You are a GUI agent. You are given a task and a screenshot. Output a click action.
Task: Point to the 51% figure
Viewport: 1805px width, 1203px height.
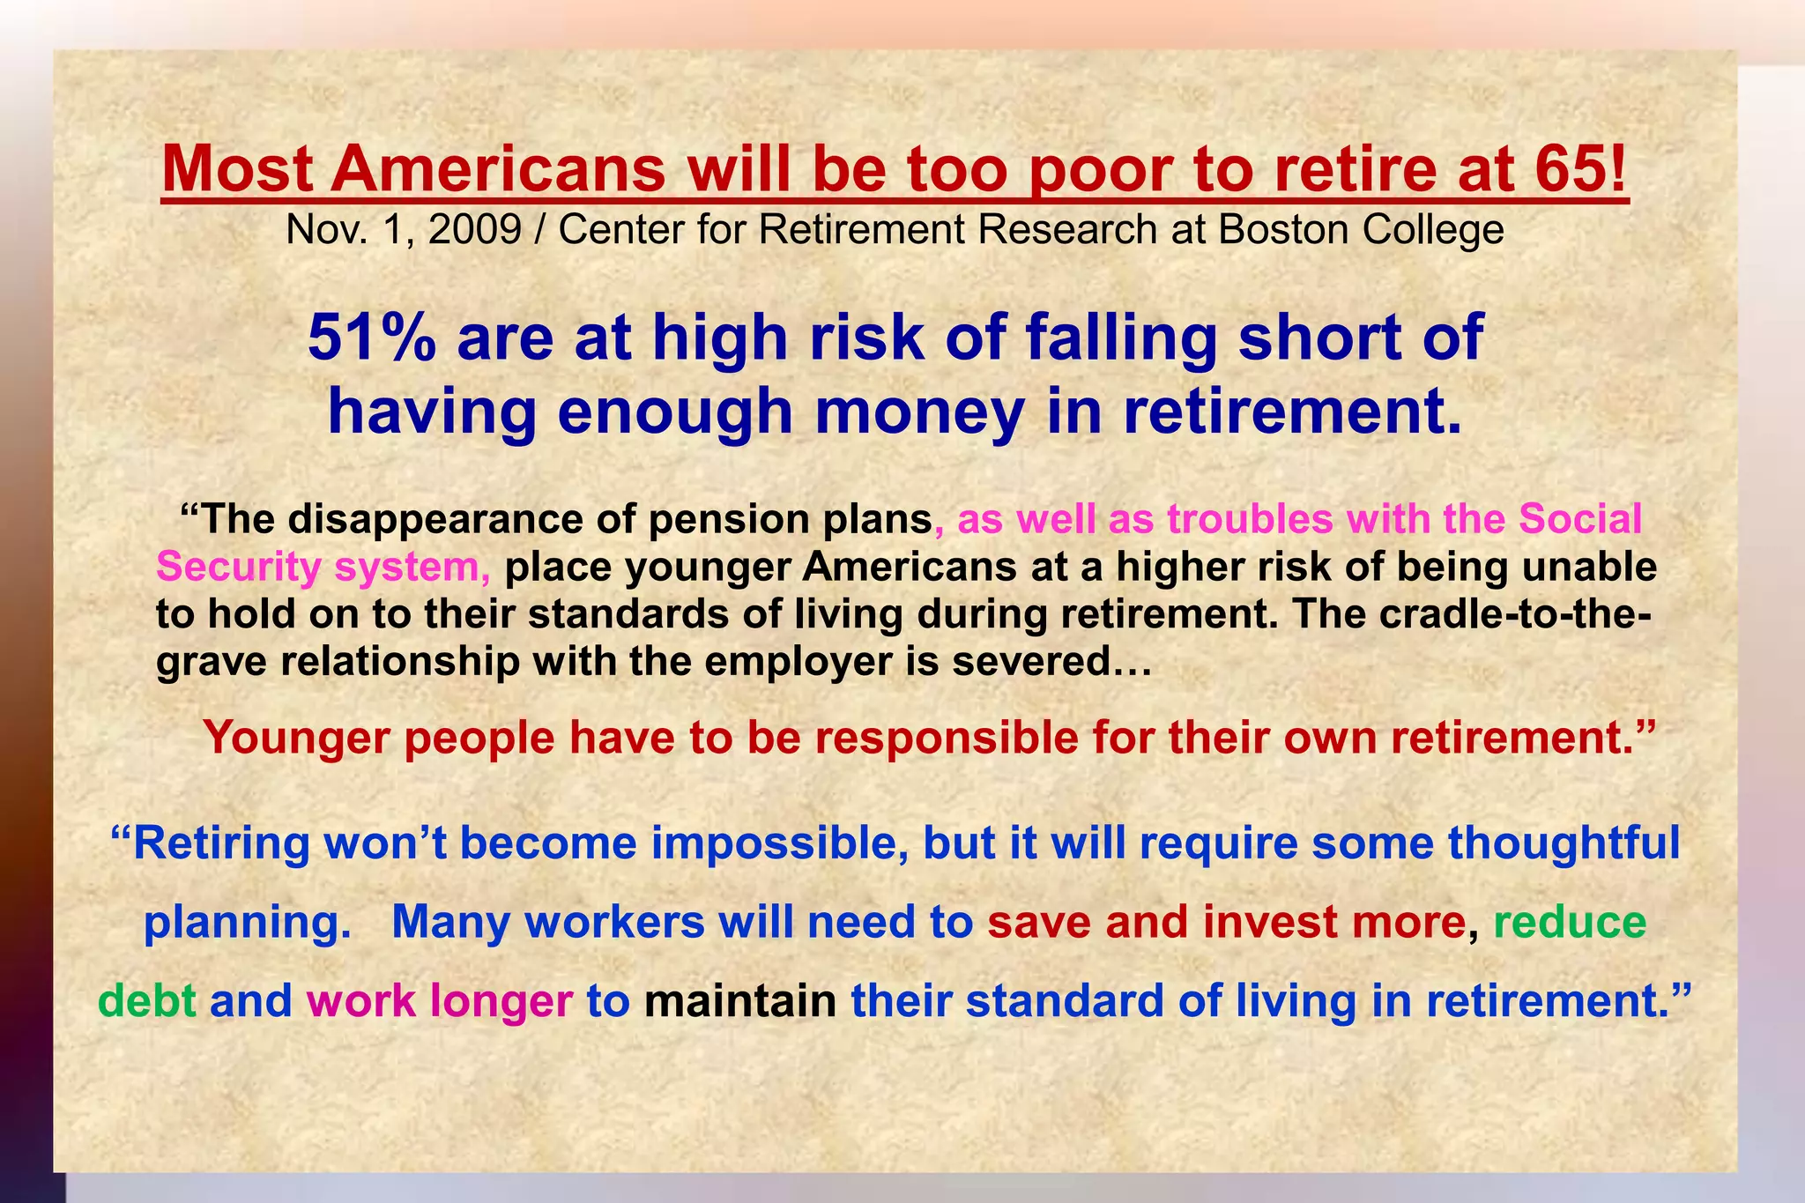(x=371, y=338)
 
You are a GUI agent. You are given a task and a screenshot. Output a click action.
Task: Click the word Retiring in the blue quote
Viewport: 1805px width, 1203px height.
(x=220, y=843)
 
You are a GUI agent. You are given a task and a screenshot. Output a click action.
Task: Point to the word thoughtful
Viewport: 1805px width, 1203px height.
(x=1564, y=843)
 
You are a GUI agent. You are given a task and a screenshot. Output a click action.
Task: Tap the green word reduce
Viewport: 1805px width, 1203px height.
(x=1570, y=922)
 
